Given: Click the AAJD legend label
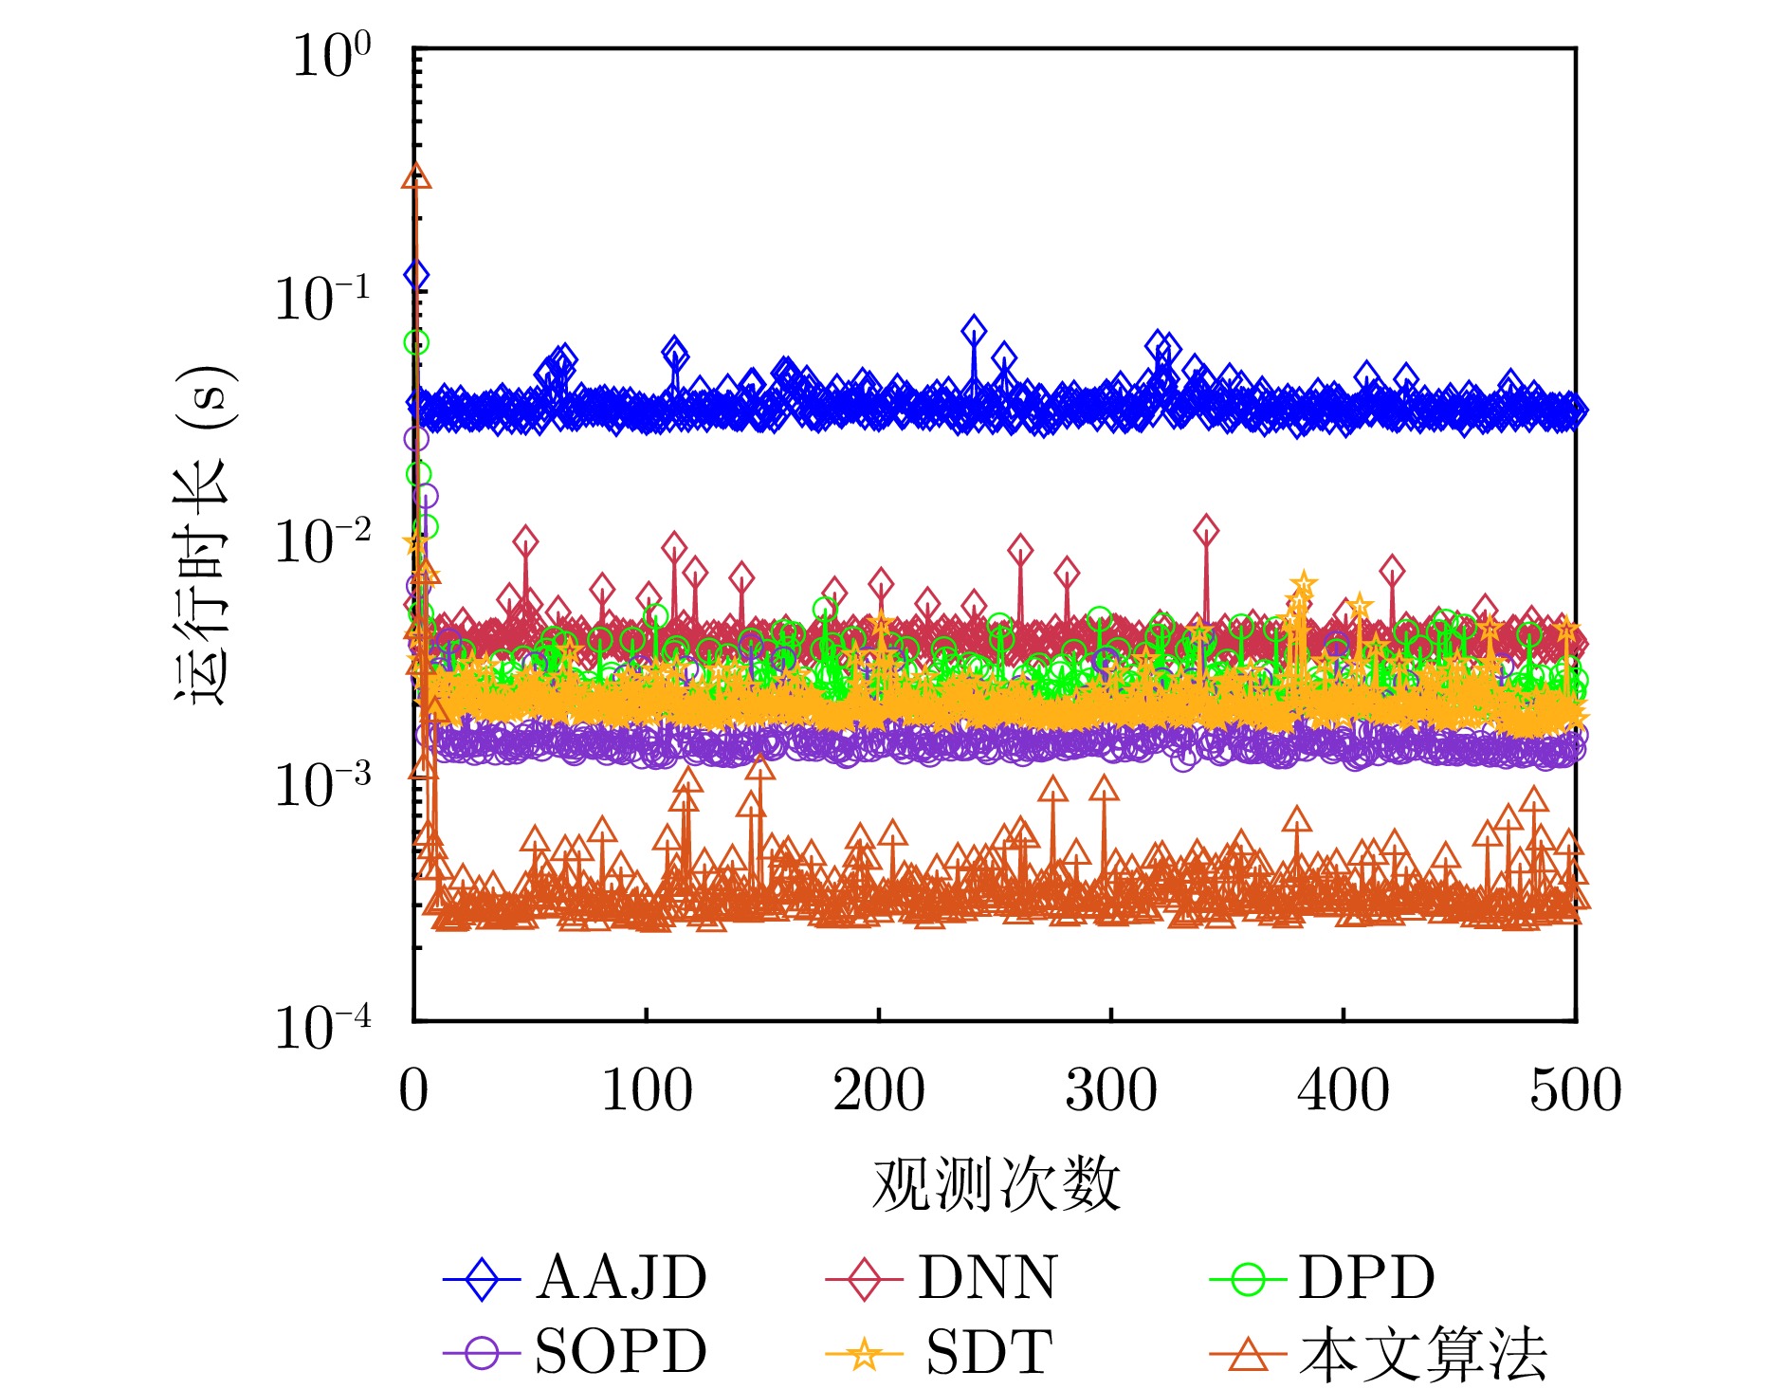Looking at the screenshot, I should click(621, 1278).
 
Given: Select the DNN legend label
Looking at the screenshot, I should click(987, 1278).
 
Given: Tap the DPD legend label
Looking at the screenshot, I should click(1366, 1278).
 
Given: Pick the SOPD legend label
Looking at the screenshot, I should click(621, 1352).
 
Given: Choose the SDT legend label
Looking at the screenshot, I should click(989, 1352).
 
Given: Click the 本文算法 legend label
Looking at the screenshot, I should click(1423, 1354).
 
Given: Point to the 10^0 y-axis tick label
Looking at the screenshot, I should click(331, 55).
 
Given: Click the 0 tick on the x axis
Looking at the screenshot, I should click(413, 1090).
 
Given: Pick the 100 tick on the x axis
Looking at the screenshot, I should click(647, 1090).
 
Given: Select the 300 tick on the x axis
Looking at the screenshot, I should click(1111, 1090).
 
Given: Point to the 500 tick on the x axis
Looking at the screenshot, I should click(1576, 1090).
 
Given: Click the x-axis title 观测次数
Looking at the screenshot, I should click(996, 1185).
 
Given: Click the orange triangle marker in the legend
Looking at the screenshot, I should click(1248, 1354).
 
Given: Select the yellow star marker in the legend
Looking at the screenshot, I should click(864, 1354).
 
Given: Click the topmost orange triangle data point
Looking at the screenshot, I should click(416, 177).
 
